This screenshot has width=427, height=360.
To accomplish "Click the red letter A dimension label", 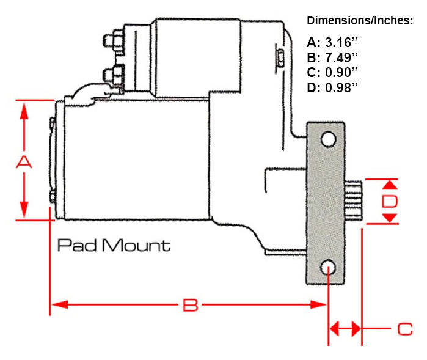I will [x=23, y=163].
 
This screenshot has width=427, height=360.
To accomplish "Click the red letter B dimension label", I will [x=191, y=306].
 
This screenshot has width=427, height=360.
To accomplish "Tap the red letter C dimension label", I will [x=405, y=329].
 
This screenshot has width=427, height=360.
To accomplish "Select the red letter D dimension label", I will [x=390, y=202].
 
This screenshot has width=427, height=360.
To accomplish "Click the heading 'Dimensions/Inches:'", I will [x=360, y=21].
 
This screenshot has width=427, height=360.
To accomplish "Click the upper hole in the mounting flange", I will [x=329, y=139].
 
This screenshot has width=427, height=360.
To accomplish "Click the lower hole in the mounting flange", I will [x=329, y=267].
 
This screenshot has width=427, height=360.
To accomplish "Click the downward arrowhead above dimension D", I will [x=391, y=184].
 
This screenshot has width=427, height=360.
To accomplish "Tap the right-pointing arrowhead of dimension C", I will [x=355, y=329].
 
